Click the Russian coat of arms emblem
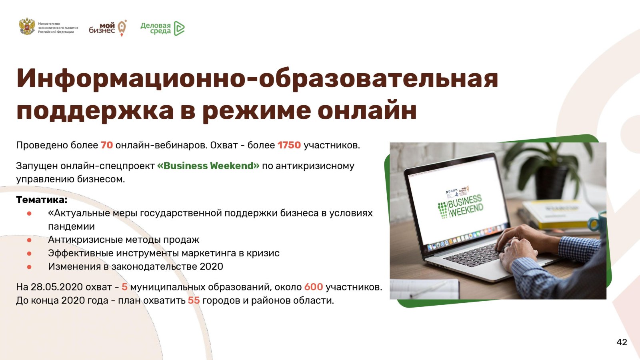click(x=27, y=26)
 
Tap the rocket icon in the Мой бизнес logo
click(x=122, y=28)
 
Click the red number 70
click(x=106, y=145)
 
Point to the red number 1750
click(x=289, y=145)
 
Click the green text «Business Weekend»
click(x=208, y=166)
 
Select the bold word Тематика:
click(x=42, y=200)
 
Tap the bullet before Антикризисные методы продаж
click(x=29, y=240)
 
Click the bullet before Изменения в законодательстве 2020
click(x=29, y=267)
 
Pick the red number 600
click(x=314, y=287)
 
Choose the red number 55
click(x=194, y=300)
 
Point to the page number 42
click(x=622, y=342)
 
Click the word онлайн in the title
click(x=367, y=110)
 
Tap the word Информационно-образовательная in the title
click(x=258, y=78)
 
